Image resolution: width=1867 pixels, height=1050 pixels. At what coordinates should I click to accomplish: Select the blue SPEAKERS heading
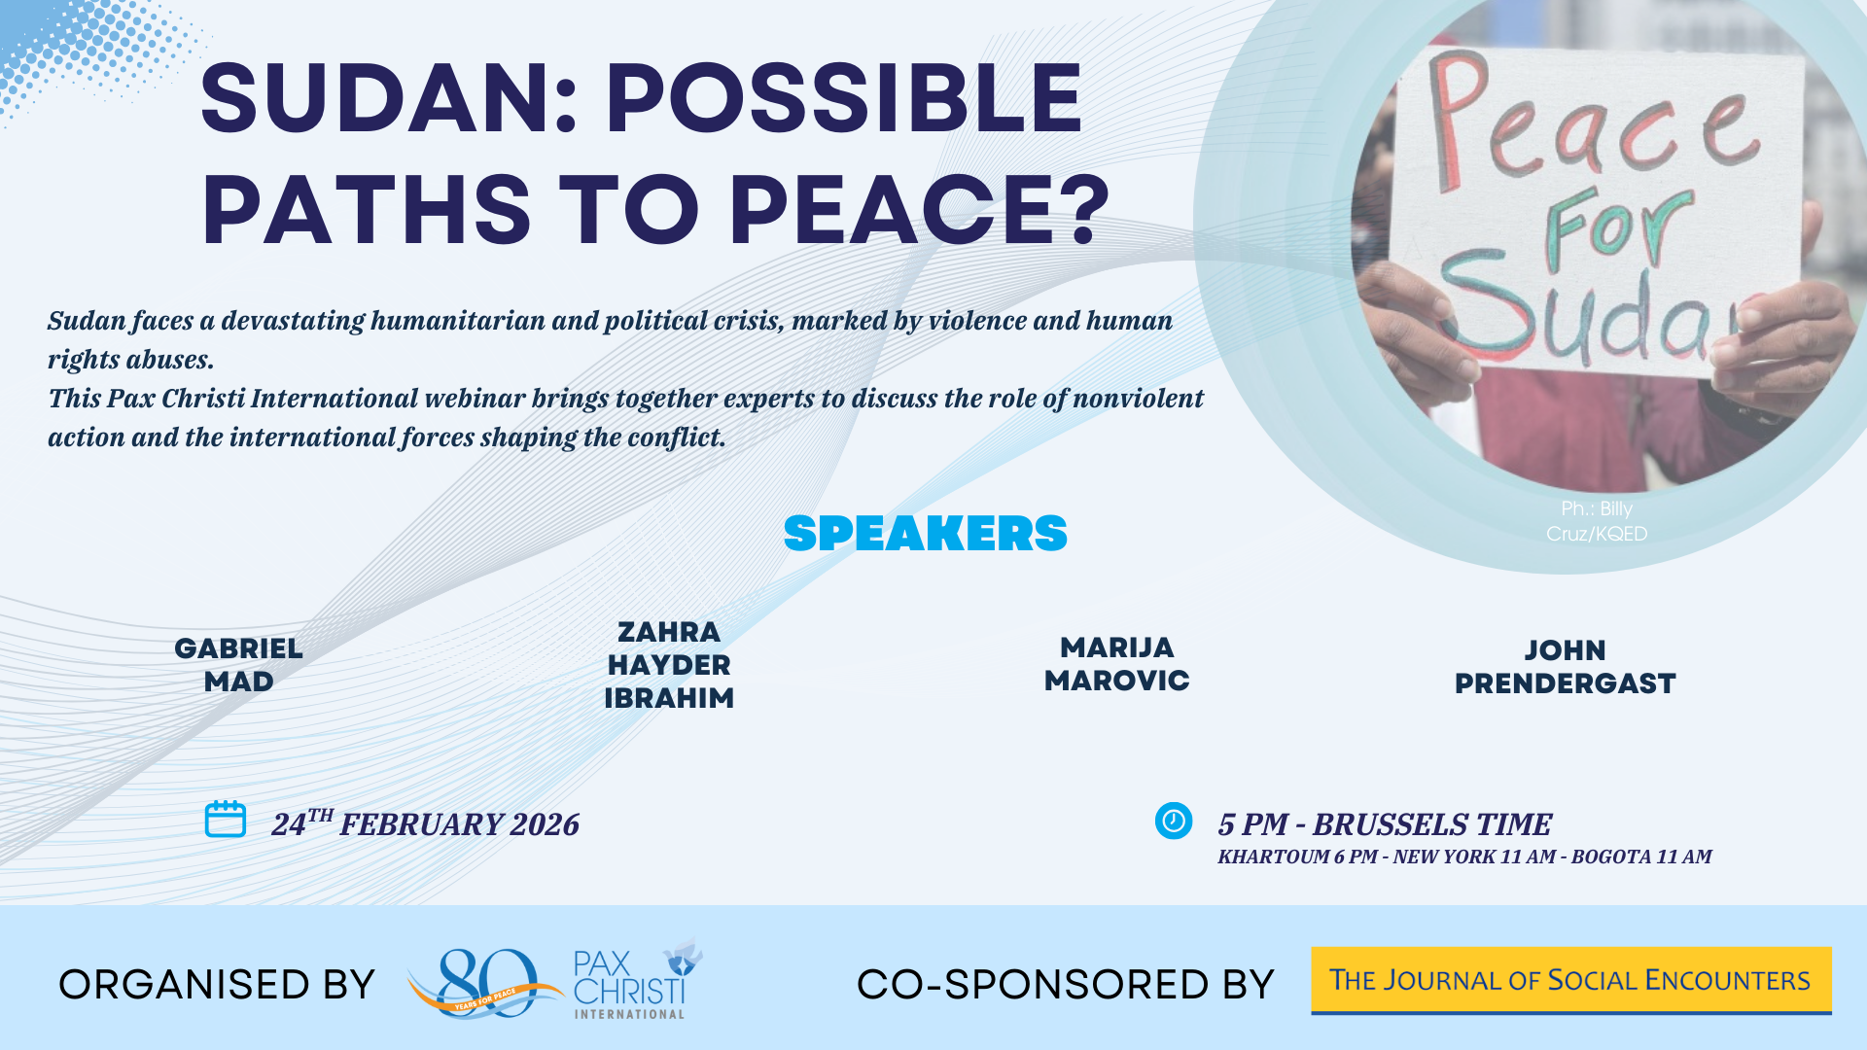(x=926, y=534)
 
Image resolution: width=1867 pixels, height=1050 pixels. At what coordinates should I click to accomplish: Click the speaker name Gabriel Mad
(x=239, y=665)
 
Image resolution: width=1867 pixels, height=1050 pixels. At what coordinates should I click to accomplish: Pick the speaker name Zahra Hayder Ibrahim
(x=669, y=665)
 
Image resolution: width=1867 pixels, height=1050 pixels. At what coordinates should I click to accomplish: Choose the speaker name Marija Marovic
(x=1117, y=664)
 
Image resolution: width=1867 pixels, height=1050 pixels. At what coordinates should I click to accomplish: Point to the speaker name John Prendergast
(x=1566, y=667)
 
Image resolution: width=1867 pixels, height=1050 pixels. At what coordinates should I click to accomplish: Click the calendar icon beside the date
(x=226, y=819)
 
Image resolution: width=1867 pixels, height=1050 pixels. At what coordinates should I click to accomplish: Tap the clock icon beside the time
(x=1174, y=821)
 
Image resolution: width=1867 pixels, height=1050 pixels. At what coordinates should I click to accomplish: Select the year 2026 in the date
(x=545, y=824)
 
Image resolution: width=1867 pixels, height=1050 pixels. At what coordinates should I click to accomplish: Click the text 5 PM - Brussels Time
(x=1385, y=824)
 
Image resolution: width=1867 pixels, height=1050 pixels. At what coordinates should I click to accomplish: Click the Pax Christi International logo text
(x=630, y=985)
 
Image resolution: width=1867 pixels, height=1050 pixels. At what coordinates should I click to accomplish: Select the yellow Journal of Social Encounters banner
(x=1571, y=980)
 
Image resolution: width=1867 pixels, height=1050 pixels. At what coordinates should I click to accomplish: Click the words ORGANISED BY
(x=217, y=985)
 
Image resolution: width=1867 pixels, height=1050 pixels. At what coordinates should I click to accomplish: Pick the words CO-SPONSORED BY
(x=1066, y=985)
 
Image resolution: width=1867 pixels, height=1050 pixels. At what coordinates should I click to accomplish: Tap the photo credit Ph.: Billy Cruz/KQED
(x=1597, y=521)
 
